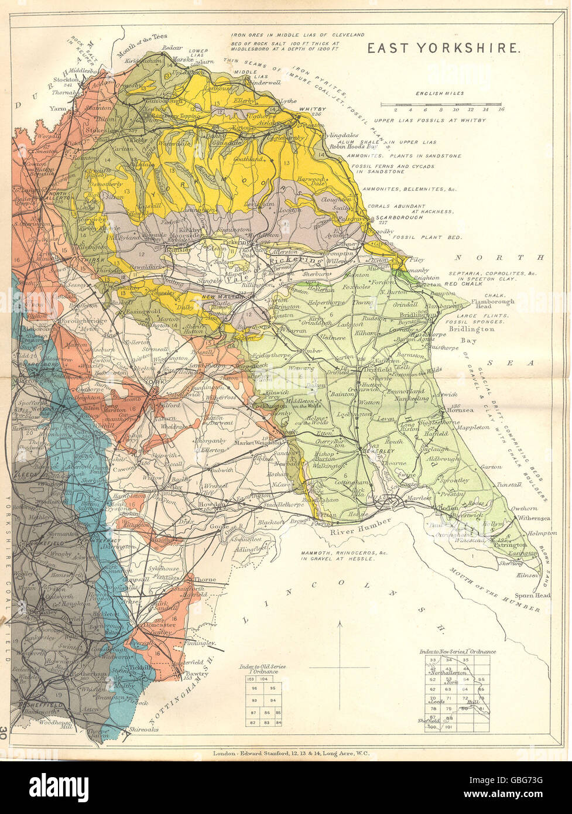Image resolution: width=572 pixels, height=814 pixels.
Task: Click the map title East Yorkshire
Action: click(443, 47)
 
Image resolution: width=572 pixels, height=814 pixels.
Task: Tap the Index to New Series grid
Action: click(457, 693)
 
